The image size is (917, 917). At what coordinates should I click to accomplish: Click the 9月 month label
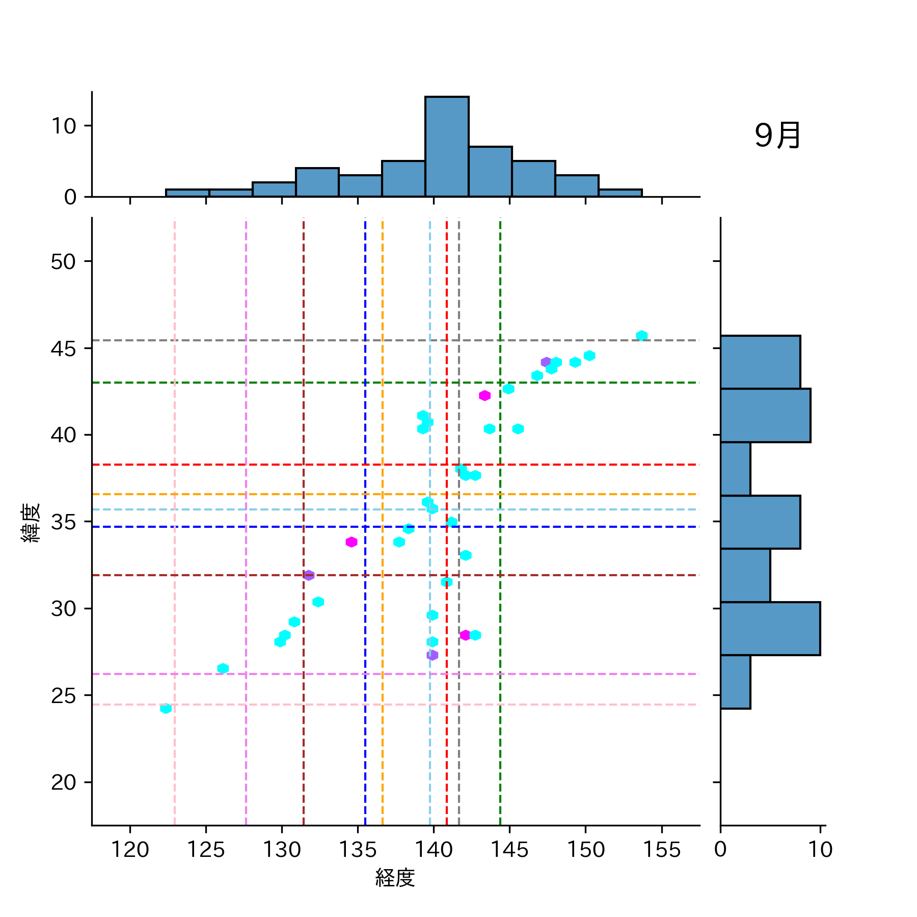(x=777, y=136)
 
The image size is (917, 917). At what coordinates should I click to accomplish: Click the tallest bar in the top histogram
(x=447, y=147)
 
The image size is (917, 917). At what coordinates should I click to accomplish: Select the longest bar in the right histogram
(x=770, y=628)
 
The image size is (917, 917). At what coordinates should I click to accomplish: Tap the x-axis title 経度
(x=395, y=878)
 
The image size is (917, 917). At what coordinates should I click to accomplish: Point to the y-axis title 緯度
(x=31, y=523)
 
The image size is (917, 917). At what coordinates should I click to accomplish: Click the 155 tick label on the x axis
(x=661, y=850)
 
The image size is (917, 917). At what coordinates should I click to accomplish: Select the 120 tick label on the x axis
(x=130, y=850)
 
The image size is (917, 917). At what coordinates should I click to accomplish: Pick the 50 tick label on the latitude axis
(x=64, y=262)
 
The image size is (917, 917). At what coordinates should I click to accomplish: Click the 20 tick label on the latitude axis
(x=64, y=783)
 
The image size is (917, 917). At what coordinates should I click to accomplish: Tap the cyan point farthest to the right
(x=641, y=335)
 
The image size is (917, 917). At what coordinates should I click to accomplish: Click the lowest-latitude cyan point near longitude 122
(x=166, y=708)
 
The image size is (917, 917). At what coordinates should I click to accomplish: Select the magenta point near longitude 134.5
(x=351, y=542)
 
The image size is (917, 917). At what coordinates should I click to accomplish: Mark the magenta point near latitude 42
(x=484, y=396)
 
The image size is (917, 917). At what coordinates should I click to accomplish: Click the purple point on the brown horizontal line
(x=309, y=575)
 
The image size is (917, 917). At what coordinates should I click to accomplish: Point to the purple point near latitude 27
(x=432, y=655)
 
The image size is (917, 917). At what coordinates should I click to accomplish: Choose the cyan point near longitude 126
(x=223, y=668)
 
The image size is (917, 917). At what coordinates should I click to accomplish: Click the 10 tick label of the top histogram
(x=64, y=126)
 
